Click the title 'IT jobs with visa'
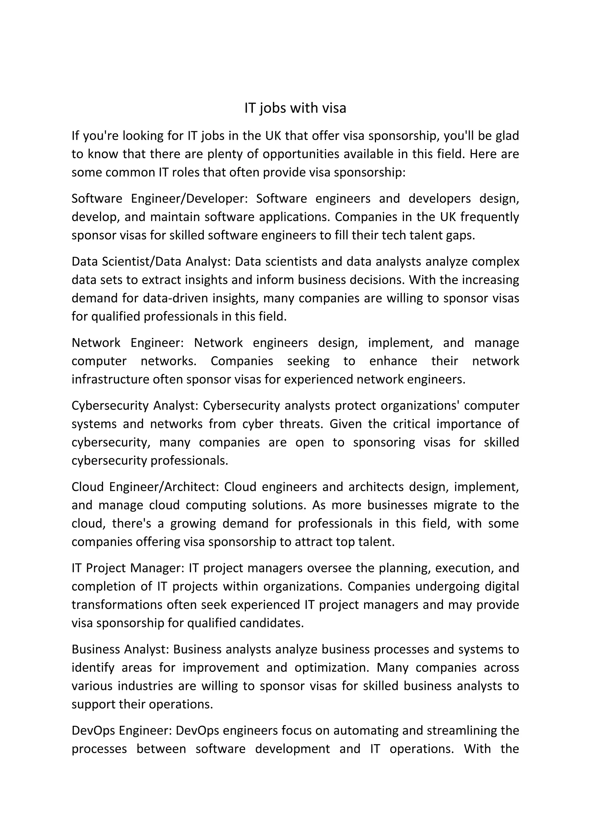pyautogui.click(x=295, y=108)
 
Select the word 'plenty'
pyautogui.click(x=225, y=154)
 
